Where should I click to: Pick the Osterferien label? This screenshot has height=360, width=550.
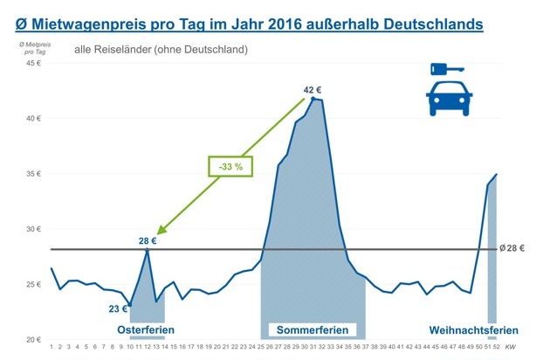tap(146, 330)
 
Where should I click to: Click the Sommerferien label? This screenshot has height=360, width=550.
tap(313, 330)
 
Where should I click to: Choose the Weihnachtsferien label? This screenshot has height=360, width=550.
tap(474, 330)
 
